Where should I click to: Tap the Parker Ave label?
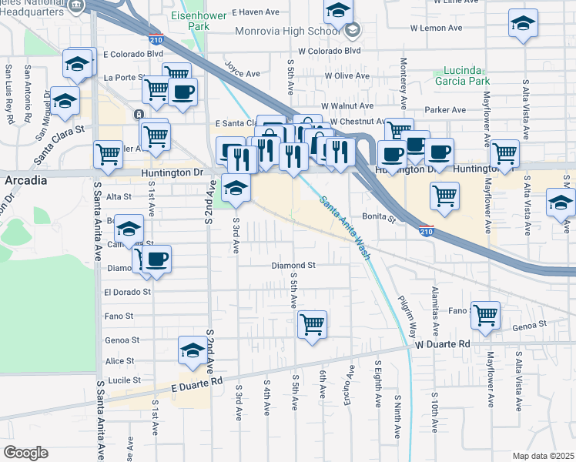click(440, 109)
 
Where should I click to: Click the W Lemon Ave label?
click(436, 28)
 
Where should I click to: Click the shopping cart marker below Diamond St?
click(312, 323)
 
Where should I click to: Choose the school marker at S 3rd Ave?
click(236, 187)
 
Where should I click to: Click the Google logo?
click(25, 453)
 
